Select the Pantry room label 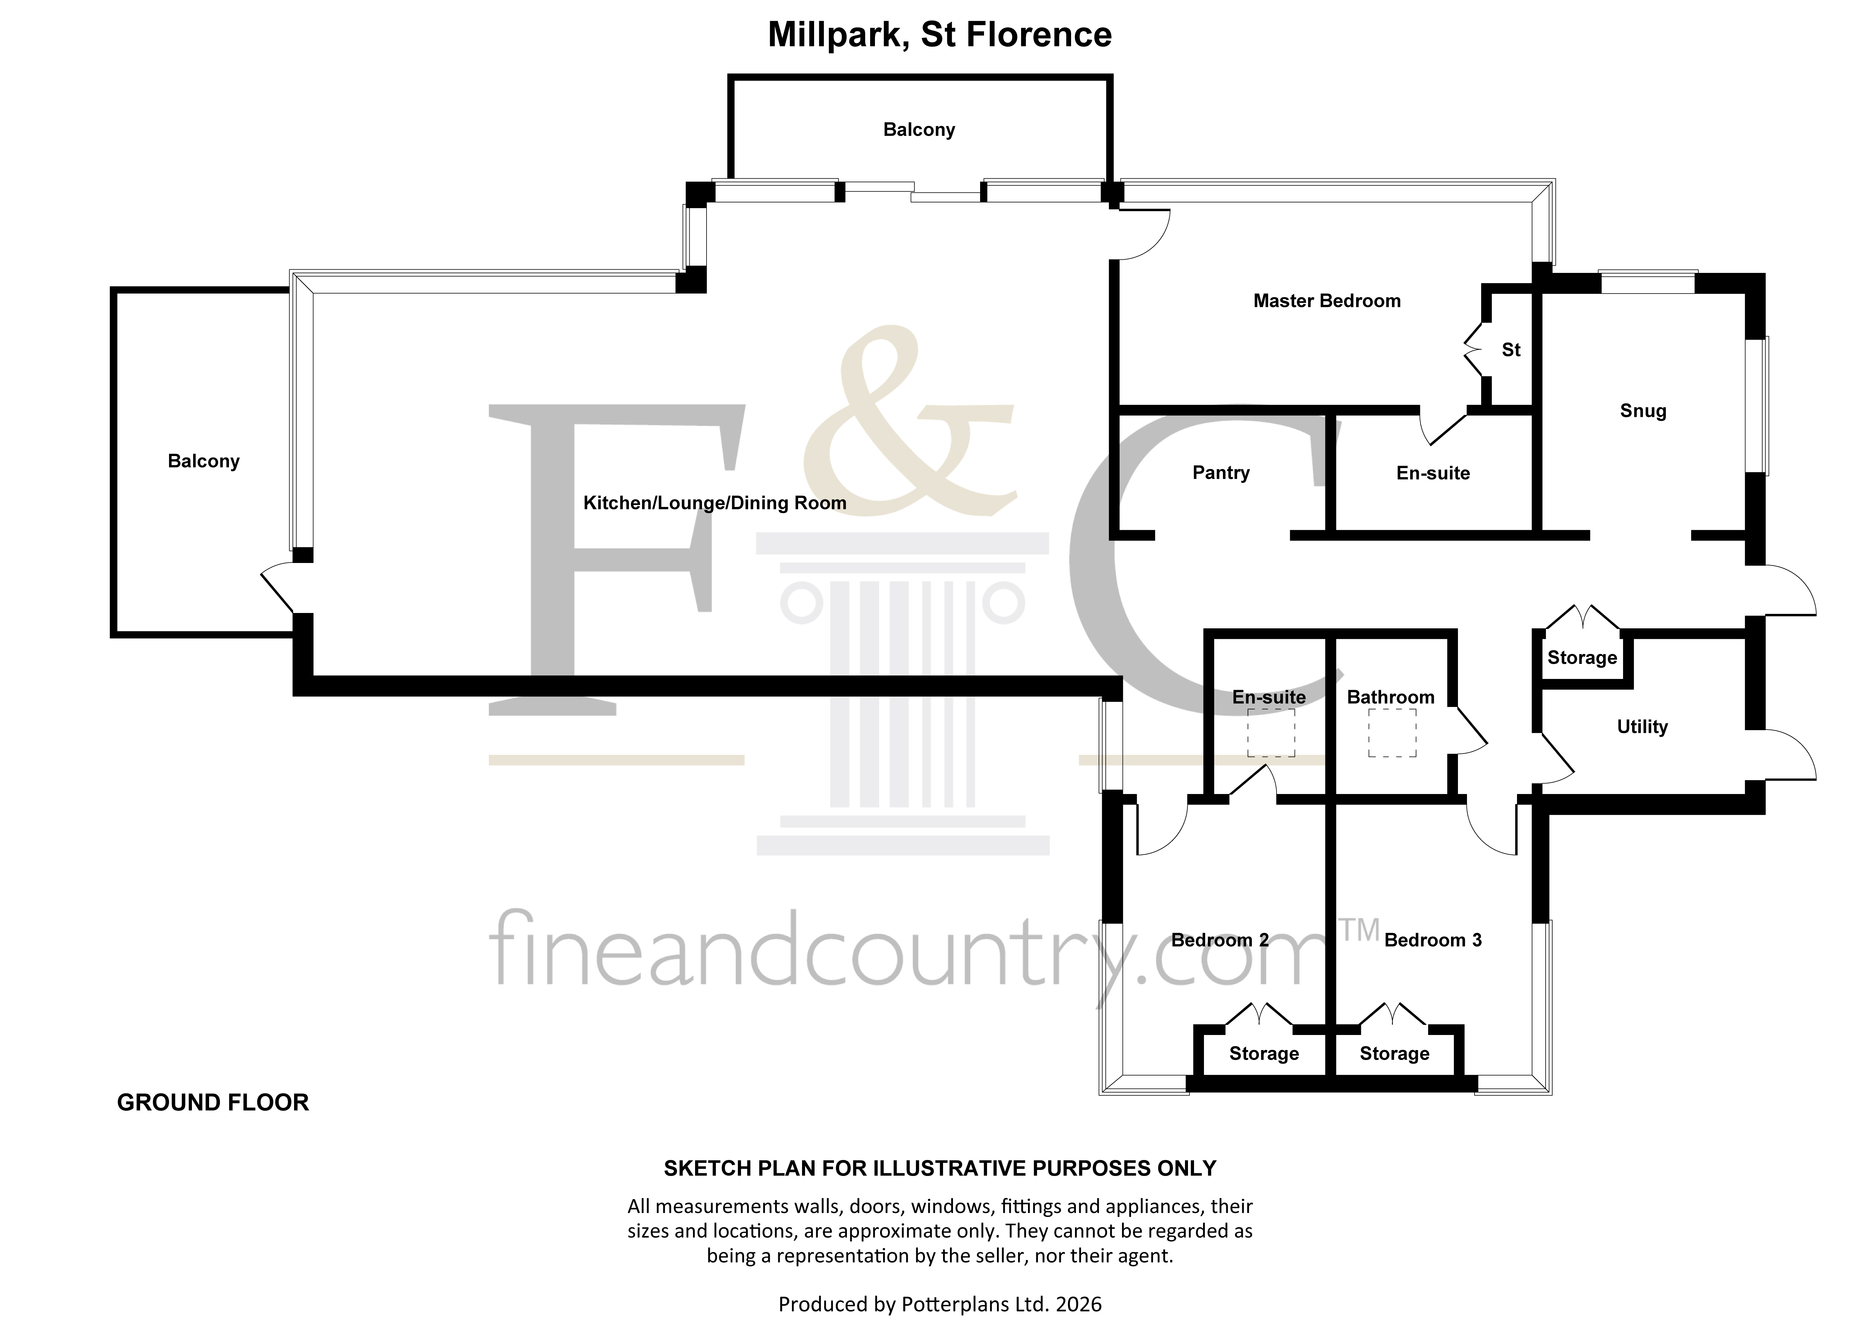click(1221, 473)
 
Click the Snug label click(1643, 411)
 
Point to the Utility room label click(1642, 727)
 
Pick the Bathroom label click(1390, 697)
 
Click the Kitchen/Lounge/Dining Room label click(714, 503)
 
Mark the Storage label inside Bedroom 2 click(1264, 1054)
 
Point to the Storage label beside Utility click(1582, 658)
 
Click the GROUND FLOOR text click(213, 1102)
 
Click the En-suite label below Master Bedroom click(1433, 474)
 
